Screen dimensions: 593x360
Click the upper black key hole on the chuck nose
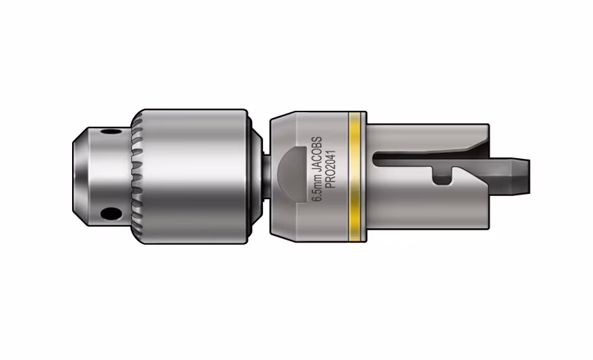(x=111, y=132)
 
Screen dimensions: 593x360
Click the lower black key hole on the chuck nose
(x=111, y=214)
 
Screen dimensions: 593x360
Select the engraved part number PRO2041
(x=331, y=169)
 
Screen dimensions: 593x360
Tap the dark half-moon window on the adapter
(x=291, y=175)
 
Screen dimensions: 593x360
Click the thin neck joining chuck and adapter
(x=266, y=176)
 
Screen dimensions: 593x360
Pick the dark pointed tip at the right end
(x=511, y=176)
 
